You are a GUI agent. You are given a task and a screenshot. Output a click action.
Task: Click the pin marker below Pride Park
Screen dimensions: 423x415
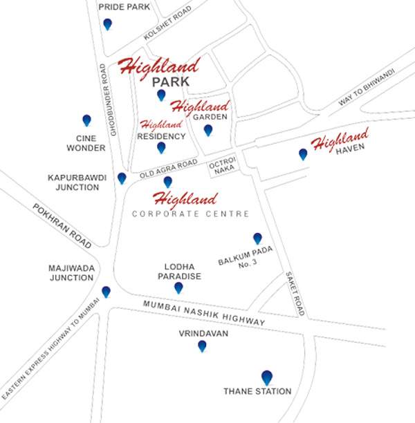pos(107,24)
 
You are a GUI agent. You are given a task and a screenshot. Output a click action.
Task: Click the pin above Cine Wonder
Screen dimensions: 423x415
pos(86,121)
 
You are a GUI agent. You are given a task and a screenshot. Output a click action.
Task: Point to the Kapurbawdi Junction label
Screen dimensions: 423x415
pos(77,183)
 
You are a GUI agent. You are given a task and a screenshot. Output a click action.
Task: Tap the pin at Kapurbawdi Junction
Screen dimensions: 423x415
pos(122,178)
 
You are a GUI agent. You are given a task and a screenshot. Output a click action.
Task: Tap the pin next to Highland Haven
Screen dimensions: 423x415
pos(302,154)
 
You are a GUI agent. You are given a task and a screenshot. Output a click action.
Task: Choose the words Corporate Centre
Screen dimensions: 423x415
pos(191,214)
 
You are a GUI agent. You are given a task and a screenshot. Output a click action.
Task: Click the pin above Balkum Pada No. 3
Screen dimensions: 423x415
pos(257,238)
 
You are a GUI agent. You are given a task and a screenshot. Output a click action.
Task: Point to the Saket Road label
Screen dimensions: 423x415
pos(295,293)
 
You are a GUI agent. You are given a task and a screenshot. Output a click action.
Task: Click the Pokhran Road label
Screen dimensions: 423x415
pos(62,227)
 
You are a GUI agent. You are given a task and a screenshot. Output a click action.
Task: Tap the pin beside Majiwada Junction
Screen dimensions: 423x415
pos(106,292)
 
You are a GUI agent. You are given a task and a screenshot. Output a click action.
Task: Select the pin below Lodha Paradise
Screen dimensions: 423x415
pos(178,288)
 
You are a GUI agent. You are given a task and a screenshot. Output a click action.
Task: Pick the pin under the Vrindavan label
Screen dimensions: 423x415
pos(202,346)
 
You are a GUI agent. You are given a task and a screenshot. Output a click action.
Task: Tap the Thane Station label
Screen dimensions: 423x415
pos(257,391)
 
